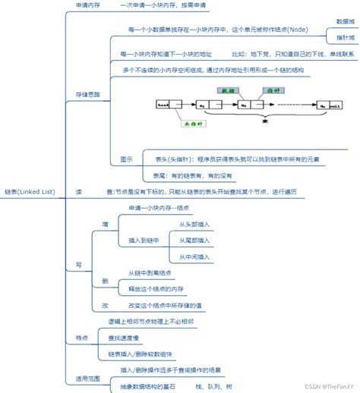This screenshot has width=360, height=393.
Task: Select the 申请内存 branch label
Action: coord(88,5)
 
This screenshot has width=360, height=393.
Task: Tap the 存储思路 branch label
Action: coord(88,93)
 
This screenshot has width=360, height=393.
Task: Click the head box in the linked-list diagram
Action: coord(164,105)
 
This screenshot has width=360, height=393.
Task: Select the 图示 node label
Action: coord(127,159)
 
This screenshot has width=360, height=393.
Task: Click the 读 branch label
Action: coord(79,192)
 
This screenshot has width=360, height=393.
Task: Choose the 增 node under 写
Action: coord(105,224)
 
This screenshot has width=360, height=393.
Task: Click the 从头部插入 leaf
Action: coord(194,225)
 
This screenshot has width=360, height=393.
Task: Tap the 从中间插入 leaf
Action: coord(194,257)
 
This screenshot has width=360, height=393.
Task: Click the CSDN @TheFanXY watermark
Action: coord(325,386)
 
